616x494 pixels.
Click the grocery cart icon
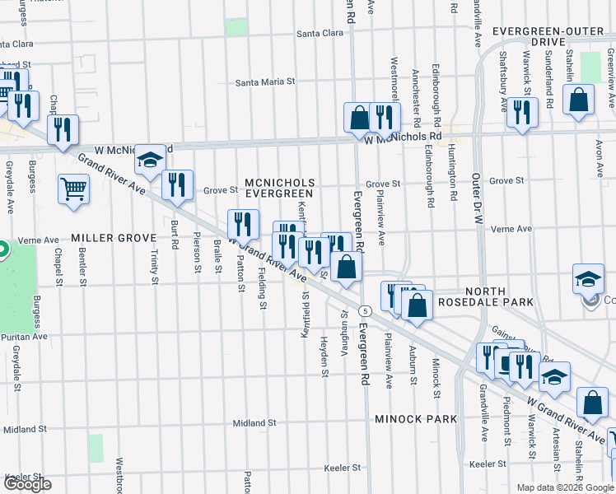(x=74, y=189)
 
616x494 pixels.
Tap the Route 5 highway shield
(x=366, y=310)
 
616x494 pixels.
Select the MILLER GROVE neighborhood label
(x=103, y=237)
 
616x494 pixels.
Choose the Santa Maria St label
(x=265, y=82)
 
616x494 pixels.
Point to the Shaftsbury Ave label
(x=502, y=82)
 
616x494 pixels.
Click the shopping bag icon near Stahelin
(x=579, y=100)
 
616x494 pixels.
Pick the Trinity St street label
(x=154, y=258)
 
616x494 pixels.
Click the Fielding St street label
(x=262, y=289)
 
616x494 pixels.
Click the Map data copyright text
(x=565, y=487)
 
